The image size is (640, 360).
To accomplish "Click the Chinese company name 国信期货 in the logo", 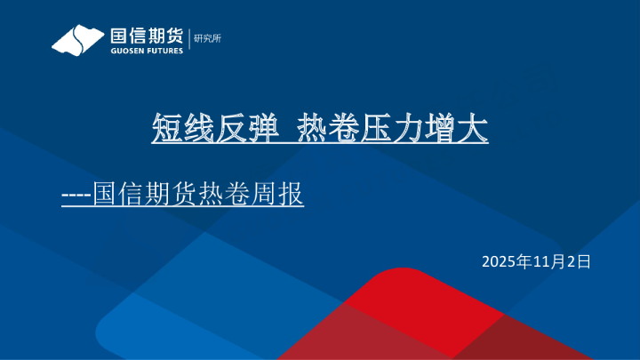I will [x=147, y=36].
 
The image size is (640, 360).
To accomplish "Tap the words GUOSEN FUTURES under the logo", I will [x=147, y=51].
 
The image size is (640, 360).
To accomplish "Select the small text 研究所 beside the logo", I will [x=206, y=37].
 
